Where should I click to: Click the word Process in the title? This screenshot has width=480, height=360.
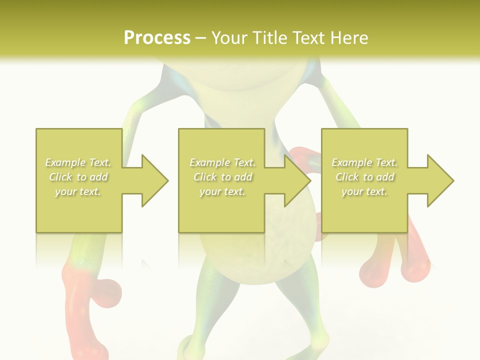(157, 38)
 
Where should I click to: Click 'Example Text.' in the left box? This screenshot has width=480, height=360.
(78, 162)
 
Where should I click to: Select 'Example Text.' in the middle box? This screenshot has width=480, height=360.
(222, 162)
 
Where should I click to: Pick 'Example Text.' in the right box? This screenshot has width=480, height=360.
(364, 162)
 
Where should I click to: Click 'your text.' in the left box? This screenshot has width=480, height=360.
(78, 191)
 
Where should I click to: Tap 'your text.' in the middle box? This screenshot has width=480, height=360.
(222, 191)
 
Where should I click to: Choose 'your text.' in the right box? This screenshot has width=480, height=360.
(364, 191)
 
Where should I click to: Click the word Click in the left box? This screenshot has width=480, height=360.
(60, 177)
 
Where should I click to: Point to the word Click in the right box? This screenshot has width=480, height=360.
(347, 177)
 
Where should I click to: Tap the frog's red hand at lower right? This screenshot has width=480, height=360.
(395, 265)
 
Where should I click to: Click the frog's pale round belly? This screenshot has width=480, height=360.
(255, 250)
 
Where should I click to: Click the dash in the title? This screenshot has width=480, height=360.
(201, 38)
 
